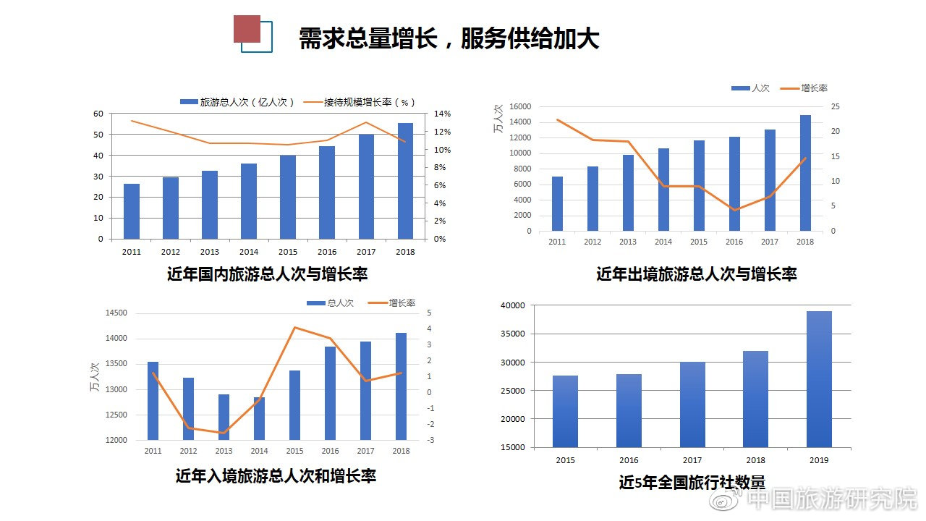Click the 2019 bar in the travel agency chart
click(x=819, y=379)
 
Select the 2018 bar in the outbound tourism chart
click(x=805, y=173)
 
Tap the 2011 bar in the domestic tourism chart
click(x=132, y=211)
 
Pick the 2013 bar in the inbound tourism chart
click(x=224, y=417)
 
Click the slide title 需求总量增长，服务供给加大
click(x=449, y=38)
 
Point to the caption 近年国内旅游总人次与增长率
click(x=267, y=274)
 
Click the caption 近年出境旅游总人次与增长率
click(x=696, y=274)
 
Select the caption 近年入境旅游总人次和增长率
click(x=276, y=475)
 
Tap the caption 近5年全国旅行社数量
click(x=692, y=482)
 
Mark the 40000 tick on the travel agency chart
click(x=513, y=305)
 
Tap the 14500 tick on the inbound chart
click(x=116, y=313)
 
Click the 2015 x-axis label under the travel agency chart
click(x=565, y=459)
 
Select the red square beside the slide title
click(x=247, y=29)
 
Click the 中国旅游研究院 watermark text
click(x=831, y=499)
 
